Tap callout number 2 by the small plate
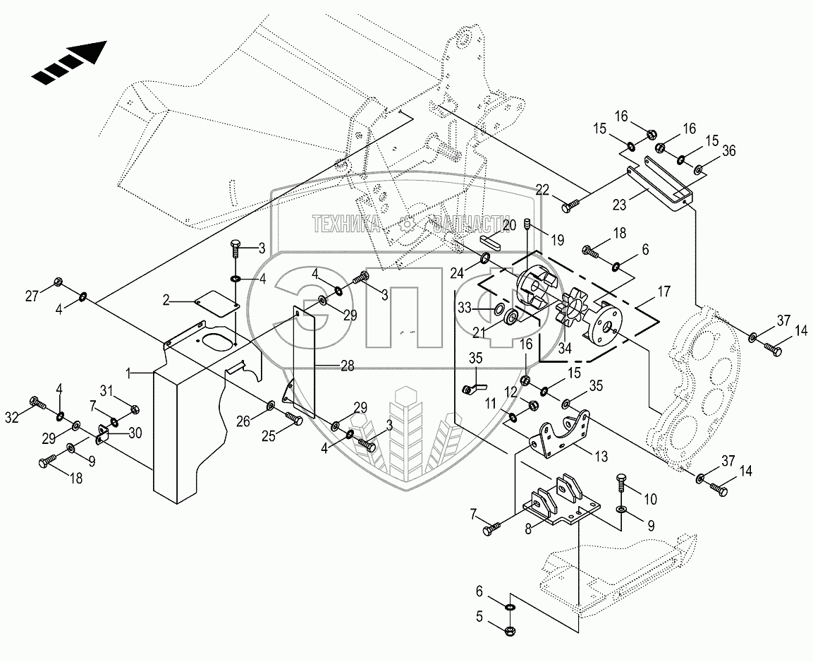pyautogui.click(x=166, y=300)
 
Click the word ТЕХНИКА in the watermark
pyautogui.click(x=346, y=224)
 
